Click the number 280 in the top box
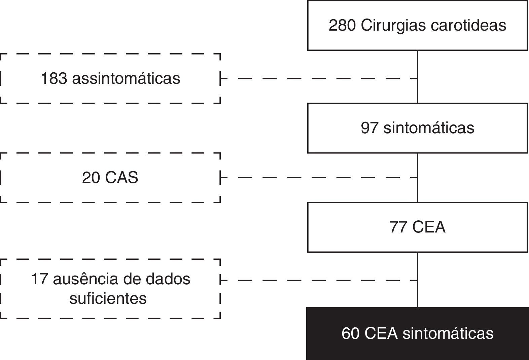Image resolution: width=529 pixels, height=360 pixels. (342, 26)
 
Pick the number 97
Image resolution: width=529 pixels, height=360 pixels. (369, 128)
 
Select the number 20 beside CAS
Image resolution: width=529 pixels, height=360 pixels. (91, 178)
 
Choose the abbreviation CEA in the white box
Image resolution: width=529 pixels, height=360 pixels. (429, 227)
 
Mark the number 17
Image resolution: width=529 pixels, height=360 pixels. (39, 279)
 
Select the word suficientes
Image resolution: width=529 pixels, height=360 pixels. (108, 298)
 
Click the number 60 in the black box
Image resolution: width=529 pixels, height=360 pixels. (350, 333)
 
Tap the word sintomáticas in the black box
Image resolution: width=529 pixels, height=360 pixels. (448, 333)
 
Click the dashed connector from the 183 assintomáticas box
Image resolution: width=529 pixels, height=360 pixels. (318, 79)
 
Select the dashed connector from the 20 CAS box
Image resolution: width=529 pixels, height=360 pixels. (318, 178)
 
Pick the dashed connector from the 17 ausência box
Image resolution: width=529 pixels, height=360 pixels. (318, 280)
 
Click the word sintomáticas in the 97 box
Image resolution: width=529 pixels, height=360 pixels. (429, 128)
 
